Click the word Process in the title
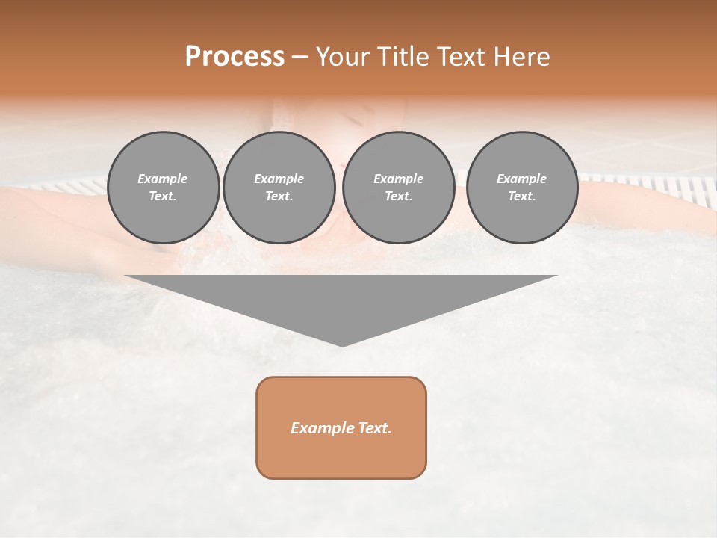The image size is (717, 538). pos(235,57)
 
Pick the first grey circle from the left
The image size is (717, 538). pos(164,188)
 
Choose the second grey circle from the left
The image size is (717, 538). pos(279,188)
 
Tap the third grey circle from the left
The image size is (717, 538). pos(398,188)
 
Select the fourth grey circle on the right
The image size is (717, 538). pos(522,188)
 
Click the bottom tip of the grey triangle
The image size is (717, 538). pos(342,344)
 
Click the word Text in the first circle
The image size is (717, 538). pos(162,197)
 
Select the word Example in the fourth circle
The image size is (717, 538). pos(521,179)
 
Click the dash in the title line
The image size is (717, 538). pos(299,58)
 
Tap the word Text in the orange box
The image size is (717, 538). pos(373,428)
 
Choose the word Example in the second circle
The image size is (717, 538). pos(279,179)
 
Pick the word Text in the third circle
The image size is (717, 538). pos(397,197)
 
